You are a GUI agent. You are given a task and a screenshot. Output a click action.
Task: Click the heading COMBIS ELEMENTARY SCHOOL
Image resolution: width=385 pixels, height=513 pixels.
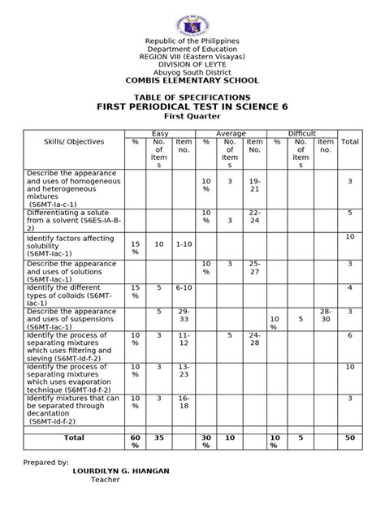click(x=192, y=80)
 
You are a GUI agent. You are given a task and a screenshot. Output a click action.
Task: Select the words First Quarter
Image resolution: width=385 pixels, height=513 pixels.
click(x=192, y=117)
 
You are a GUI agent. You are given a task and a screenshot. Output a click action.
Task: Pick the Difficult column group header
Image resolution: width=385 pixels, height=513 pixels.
click(x=302, y=133)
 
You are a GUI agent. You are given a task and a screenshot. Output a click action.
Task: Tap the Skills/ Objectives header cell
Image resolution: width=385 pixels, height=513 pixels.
click(x=75, y=142)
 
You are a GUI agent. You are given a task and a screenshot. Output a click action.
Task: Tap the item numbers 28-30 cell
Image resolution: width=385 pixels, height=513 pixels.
click(x=325, y=317)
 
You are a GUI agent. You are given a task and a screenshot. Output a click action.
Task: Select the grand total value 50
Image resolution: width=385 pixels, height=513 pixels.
click(x=350, y=438)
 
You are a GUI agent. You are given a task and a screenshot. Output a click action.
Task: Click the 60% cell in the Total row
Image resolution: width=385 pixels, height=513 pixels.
click(x=136, y=442)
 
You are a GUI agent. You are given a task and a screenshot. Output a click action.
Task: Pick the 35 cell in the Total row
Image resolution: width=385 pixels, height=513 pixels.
click(x=159, y=438)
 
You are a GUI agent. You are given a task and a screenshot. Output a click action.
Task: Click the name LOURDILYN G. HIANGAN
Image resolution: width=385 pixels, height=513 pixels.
click(x=119, y=470)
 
